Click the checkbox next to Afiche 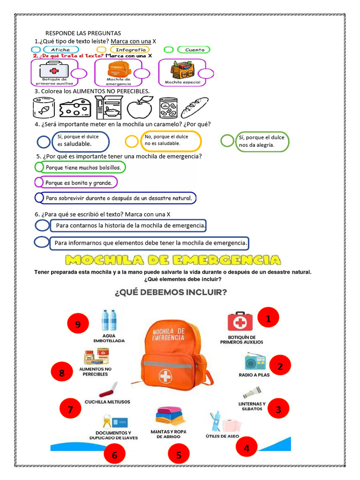pyautogui.click(x=36, y=49)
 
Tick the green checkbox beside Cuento pyautogui.click(x=169, y=49)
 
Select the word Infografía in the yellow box pyautogui.click(x=130, y=49)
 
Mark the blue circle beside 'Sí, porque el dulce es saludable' pyautogui.click(x=44, y=142)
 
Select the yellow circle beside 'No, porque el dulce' pyautogui.click(x=132, y=141)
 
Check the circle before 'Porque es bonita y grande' pyautogui.click(x=39, y=182)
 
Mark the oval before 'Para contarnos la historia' pyautogui.click(x=42, y=226)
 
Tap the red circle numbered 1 pyautogui.click(x=268, y=319)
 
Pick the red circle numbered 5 pyautogui.click(x=179, y=454)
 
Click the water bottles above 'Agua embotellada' pyautogui.click(x=109, y=320)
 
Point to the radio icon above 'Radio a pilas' pyautogui.click(x=255, y=361)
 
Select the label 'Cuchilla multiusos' pyautogui.click(x=107, y=402)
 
